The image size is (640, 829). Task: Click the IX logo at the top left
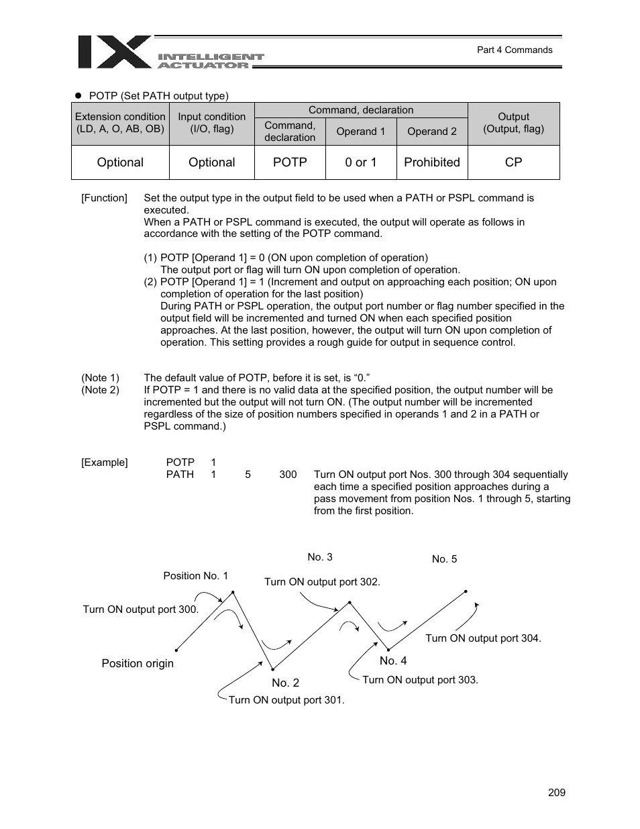(114, 52)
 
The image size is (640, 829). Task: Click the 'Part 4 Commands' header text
(514, 50)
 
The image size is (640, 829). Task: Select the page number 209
(556, 793)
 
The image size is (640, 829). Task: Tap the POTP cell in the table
(290, 162)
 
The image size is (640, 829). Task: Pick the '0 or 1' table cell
(361, 162)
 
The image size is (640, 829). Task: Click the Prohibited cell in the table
(432, 162)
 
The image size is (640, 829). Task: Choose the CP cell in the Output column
(513, 162)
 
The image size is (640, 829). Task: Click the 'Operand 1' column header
(361, 132)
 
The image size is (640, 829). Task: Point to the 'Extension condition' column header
(120, 123)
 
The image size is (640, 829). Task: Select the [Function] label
(104, 198)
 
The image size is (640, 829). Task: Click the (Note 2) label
(100, 390)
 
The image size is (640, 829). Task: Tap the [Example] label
(104, 462)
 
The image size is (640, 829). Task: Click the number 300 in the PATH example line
(288, 475)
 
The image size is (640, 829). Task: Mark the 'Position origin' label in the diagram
(138, 663)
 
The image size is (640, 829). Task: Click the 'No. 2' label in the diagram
(285, 683)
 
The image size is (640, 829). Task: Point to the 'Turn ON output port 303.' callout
(420, 680)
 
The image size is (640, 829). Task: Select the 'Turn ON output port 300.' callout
(141, 609)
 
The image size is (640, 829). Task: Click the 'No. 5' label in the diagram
(444, 559)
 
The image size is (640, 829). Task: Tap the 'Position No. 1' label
(195, 576)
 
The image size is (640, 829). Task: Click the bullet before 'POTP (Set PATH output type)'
(77, 96)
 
